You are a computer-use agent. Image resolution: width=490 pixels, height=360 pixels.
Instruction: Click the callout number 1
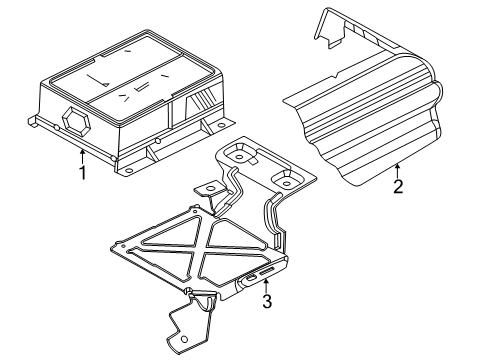click(82, 172)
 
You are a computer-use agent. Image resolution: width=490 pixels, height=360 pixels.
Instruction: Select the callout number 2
click(398, 186)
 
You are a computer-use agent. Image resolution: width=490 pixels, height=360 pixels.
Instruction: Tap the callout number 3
click(267, 301)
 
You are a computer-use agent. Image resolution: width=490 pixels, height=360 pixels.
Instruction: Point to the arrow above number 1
click(82, 156)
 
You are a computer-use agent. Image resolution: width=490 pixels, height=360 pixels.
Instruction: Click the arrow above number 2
click(397, 171)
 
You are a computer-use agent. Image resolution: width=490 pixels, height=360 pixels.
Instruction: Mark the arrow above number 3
click(266, 286)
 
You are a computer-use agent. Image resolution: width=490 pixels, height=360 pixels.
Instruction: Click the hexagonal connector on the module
click(77, 121)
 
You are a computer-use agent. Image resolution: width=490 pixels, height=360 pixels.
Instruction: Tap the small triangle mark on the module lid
click(105, 84)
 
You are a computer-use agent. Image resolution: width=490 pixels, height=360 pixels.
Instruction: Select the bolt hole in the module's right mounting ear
click(222, 126)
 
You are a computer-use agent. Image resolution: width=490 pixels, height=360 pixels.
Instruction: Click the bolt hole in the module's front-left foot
click(128, 170)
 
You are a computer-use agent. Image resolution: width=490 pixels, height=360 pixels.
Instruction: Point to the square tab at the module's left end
click(33, 121)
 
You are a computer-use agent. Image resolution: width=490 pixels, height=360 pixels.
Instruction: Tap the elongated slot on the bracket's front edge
click(267, 272)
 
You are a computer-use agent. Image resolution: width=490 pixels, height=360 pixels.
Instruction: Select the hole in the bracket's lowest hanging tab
click(184, 340)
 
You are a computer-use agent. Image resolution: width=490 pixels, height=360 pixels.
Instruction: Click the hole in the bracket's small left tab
click(210, 188)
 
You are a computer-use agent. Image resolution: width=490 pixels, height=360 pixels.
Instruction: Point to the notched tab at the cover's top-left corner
click(329, 31)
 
